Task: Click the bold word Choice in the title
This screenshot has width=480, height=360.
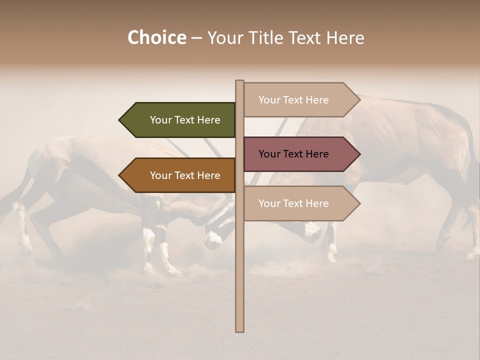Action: [156, 37]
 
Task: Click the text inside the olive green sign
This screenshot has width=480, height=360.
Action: [185, 120]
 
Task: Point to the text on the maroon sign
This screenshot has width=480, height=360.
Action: [293, 154]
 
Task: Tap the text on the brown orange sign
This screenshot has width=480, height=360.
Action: [185, 175]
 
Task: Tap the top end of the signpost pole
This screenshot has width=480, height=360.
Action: [239, 82]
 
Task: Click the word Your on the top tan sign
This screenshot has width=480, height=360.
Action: [269, 99]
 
